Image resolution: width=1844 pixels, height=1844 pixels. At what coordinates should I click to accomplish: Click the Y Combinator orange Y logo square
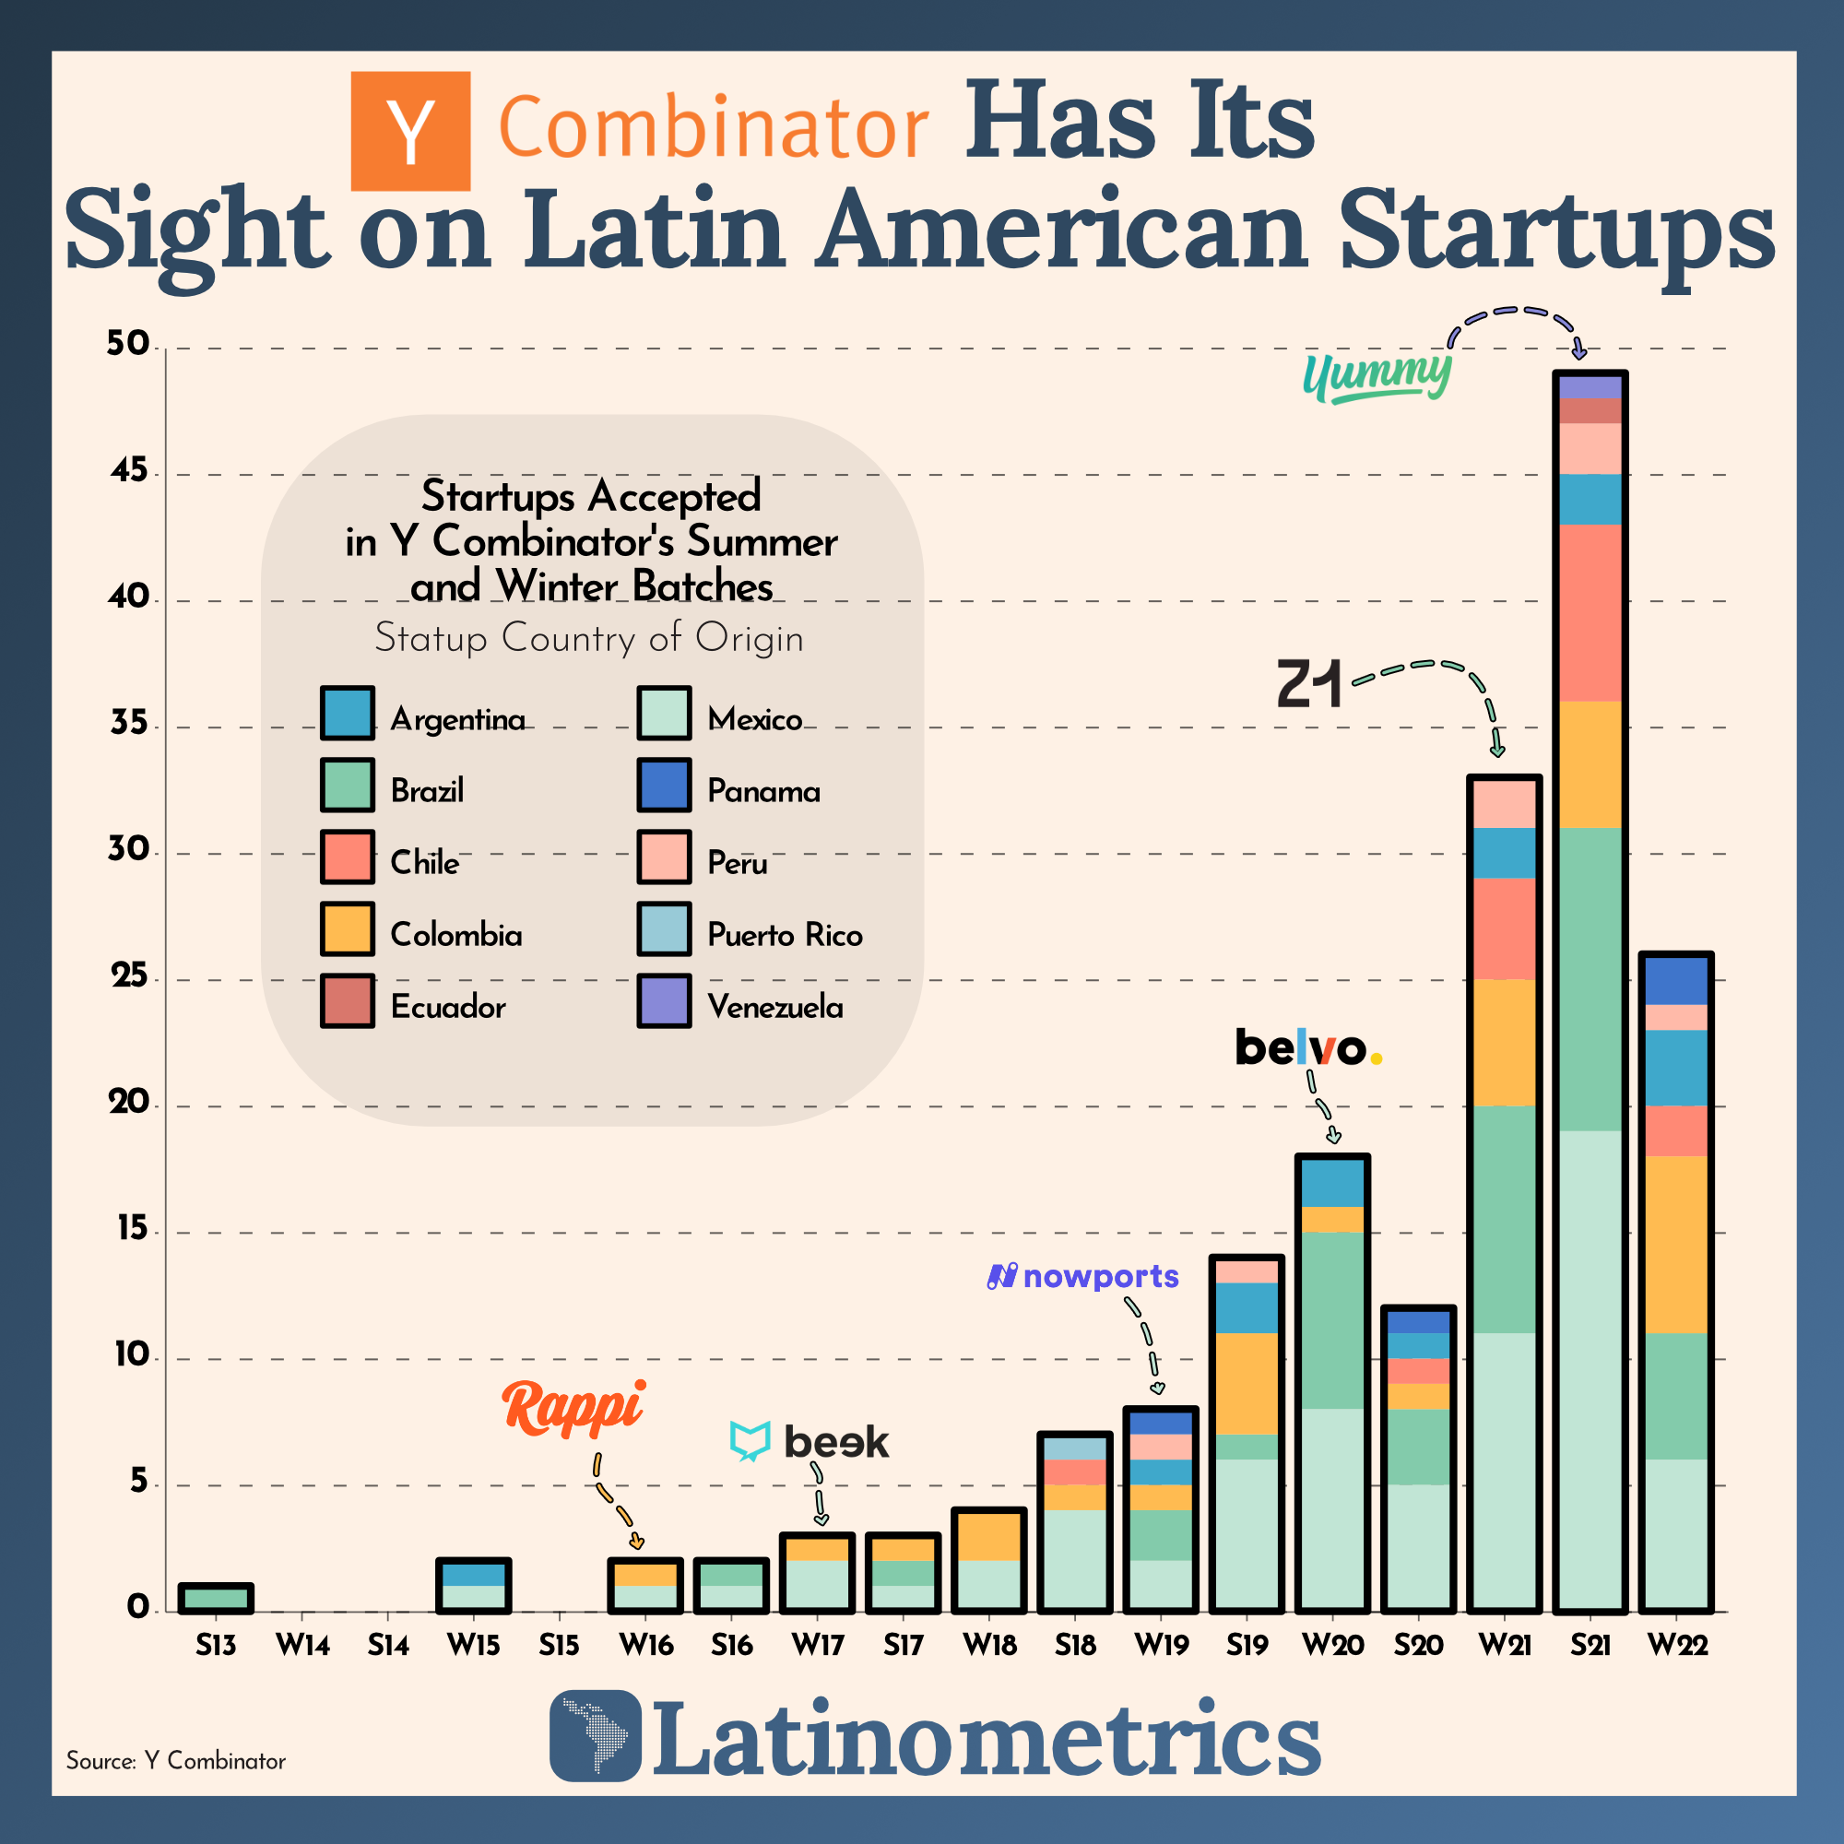[410, 131]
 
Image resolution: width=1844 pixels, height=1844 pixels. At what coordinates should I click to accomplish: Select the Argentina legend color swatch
[348, 713]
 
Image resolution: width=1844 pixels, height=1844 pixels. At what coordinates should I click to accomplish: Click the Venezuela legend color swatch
[663, 1000]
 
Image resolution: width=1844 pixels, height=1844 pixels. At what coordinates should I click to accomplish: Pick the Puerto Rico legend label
[785, 934]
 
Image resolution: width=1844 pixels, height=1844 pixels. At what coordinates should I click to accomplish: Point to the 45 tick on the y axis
[130, 470]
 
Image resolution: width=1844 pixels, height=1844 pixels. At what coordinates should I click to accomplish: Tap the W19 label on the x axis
[1162, 1645]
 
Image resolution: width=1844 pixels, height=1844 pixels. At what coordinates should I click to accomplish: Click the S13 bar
[216, 1598]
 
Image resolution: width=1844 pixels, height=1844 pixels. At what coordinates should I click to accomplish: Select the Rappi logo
[573, 1408]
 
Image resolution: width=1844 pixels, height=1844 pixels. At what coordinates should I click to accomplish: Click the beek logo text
[835, 1442]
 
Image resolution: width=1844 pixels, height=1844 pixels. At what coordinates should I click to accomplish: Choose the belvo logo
[1307, 1048]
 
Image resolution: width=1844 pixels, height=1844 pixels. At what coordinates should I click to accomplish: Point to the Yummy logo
[1377, 376]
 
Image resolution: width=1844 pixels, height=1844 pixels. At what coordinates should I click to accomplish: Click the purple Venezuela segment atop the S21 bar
[1590, 387]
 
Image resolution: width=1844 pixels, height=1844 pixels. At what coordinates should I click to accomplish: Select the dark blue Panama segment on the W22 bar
[1676, 980]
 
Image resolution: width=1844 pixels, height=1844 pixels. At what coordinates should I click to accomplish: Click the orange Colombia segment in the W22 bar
[1676, 1245]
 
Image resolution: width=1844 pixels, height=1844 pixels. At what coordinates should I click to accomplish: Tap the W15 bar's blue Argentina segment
[473, 1574]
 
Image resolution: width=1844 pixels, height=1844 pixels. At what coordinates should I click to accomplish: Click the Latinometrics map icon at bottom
[596, 1735]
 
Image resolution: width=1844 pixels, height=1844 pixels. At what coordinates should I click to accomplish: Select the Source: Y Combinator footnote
[175, 1761]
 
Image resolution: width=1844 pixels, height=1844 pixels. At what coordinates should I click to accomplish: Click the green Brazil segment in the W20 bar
[1332, 1320]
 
